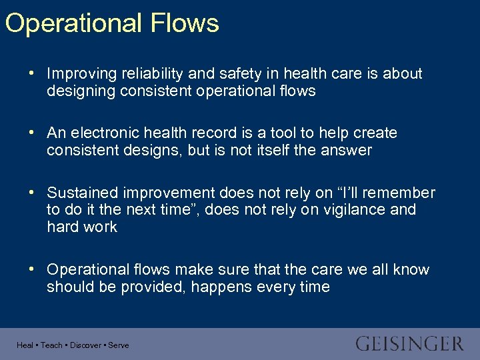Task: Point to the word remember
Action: click(x=400, y=193)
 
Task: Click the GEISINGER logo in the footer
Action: click(x=409, y=344)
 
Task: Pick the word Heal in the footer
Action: click(x=25, y=345)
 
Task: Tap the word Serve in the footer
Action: click(x=119, y=345)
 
